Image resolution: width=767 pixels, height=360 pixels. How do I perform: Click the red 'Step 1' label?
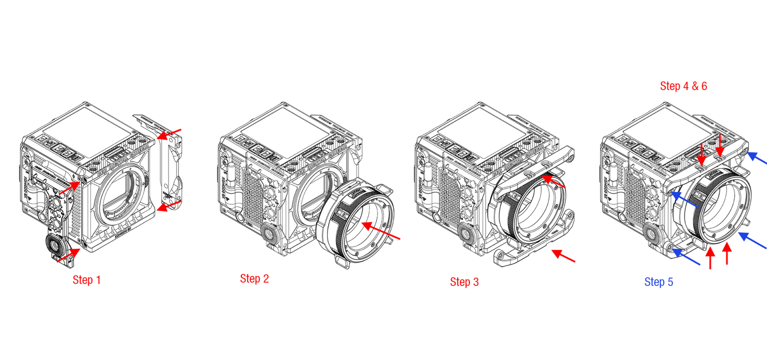(x=87, y=280)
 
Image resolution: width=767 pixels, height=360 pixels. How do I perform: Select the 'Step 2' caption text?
(x=254, y=279)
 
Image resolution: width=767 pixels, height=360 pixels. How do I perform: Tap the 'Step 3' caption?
(x=464, y=282)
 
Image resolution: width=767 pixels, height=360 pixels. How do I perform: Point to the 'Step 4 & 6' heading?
(x=683, y=86)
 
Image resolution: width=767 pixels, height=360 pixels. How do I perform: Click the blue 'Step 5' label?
(x=659, y=282)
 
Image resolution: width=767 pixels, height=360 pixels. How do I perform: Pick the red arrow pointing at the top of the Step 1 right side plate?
(x=169, y=134)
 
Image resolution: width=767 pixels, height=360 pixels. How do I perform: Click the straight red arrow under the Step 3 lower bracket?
(x=563, y=257)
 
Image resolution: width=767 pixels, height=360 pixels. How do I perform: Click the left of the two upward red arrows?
(x=710, y=259)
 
